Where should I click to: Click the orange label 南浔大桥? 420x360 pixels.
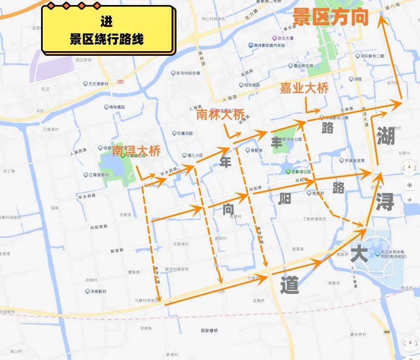[136, 151]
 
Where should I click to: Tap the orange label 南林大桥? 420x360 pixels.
[220, 115]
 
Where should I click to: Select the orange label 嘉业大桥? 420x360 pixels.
[304, 89]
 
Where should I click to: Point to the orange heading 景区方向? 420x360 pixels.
[330, 17]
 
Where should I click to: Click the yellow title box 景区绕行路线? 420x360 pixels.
[107, 30]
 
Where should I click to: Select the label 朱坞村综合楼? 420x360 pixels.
[187, 73]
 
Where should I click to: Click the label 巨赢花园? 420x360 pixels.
[184, 133]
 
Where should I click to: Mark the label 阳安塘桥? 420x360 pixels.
[209, 331]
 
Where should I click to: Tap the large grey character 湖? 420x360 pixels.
[386, 136]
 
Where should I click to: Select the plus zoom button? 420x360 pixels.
[410, 200]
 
